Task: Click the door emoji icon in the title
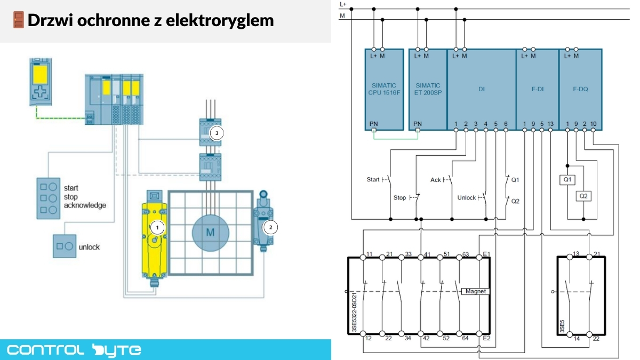[18, 20]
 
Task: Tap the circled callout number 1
[157, 227]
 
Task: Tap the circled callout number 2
[270, 227]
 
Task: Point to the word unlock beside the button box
[89, 247]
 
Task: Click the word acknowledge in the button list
[85, 205]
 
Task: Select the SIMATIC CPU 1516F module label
[384, 89]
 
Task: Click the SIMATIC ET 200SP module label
[428, 89]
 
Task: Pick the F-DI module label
[537, 90]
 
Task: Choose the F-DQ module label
[580, 90]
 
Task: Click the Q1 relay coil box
[567, 180]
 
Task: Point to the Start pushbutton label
[373, 179]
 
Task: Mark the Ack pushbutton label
[436, 180]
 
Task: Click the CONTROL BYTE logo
[74, 350]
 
